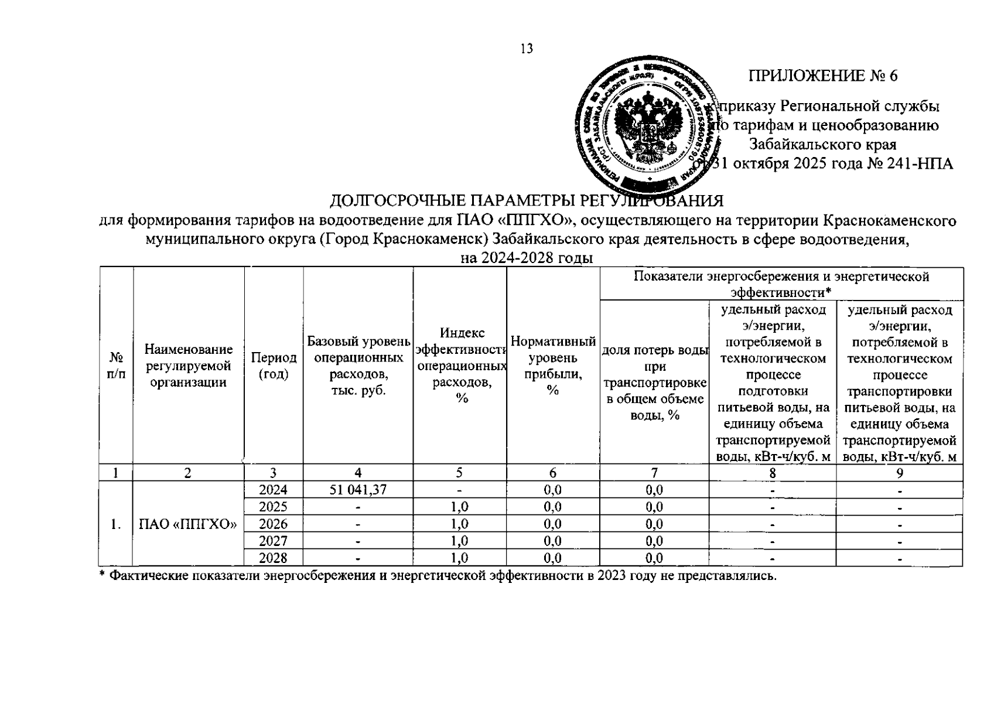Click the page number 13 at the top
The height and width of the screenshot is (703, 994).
pyautogui.click(x=527, y=49)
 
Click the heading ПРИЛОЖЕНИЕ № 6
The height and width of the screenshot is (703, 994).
pyautogui.click(x=823, y=76)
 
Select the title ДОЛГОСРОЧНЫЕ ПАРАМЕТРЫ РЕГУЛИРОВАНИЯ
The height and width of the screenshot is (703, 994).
pyautogui.click(x=527, y=201)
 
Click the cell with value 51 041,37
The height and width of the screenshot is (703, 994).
pyautogui.click(x=358, y=490)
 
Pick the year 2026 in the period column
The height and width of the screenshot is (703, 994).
pyautogui.click(x=273, y=524)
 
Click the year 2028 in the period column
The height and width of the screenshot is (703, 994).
pyautogui.click(x=273, y=558)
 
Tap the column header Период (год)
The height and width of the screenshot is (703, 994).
pyautogui.click(x=274, y=366)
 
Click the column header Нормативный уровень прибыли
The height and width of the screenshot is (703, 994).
pyautogui.click(x=553, y=366)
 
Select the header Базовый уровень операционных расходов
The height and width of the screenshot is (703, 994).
pyautogui.click(x=358, y=366)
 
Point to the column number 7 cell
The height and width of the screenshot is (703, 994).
pyautogui.click(x=654, y=473)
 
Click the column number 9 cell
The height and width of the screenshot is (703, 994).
pyautogui.click(x=899, y=473)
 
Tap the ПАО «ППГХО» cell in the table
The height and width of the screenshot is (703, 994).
pyautogui.click(x=188, y=524)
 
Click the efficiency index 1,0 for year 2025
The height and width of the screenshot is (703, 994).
pyautogui.click(x=460, y=507)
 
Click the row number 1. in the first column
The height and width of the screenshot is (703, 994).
pyautogui.click(x=116, y=524)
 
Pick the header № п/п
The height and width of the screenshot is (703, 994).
pyautogui.click(x=117, y=366)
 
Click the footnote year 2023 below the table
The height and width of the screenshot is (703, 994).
pyautogui.click(x=612, y=576)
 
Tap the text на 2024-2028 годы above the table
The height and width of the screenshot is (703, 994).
pyautogui.click(x=527, y=258)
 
